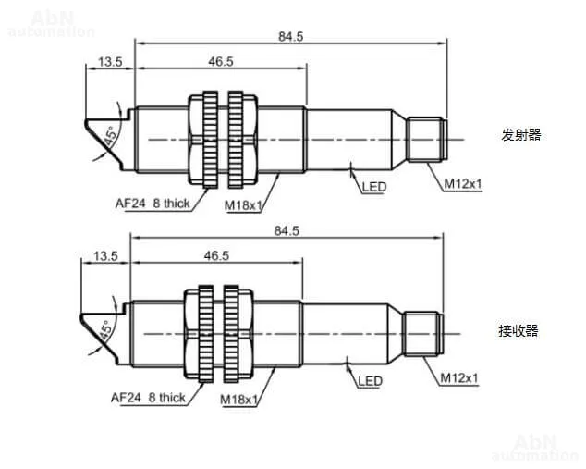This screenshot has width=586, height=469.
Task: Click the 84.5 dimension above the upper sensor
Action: (x=291, y=37)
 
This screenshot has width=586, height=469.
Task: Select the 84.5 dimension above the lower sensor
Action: (x=287, y=230)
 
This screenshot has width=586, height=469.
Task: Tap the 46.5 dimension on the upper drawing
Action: (x=221, y=61)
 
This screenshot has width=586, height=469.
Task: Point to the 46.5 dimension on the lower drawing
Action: (x=216, y=256)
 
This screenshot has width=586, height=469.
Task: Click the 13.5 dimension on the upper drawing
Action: (x=110, y=62)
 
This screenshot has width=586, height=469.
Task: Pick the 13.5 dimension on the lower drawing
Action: (x=105, y=256)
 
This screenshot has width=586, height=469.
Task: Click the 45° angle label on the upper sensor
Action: (x=111, y=137)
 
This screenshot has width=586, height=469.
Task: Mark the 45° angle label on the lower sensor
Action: (x=105, y=330)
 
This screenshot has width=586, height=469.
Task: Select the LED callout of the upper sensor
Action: (x=374, y=187)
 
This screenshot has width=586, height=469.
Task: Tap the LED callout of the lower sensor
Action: (x=370, y=381)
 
